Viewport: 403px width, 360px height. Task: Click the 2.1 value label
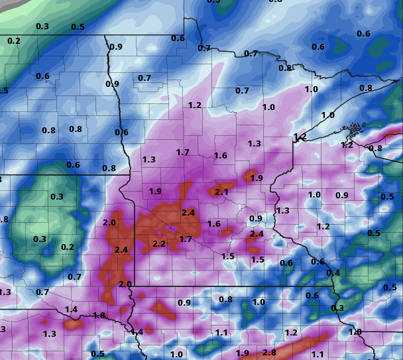[221, 192]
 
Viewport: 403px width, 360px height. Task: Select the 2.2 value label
[159, 244]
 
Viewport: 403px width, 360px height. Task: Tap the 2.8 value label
[269, 353]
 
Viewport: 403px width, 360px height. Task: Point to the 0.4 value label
[333, 273]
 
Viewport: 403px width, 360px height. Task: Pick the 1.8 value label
[99, 316]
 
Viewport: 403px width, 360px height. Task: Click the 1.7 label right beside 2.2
[186, 239]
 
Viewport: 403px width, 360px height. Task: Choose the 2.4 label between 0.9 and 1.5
[257, 234]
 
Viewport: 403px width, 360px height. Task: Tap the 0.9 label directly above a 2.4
[256, 219]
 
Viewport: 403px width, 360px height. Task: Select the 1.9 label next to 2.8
[243, 354]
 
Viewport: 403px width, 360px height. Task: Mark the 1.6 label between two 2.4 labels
[213, 224]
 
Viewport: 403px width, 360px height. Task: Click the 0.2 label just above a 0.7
[68, 247]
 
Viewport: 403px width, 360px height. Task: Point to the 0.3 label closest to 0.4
[337, 308]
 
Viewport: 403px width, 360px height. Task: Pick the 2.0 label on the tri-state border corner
[125, 284]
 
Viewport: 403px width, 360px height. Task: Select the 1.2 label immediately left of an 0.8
[347, 145]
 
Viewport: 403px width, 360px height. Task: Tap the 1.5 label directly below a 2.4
[258, 260]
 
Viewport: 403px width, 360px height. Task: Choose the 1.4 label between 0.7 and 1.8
[72, 310]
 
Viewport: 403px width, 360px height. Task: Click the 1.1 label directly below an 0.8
[221, 333]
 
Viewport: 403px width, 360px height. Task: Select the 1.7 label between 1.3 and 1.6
[183, 152]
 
